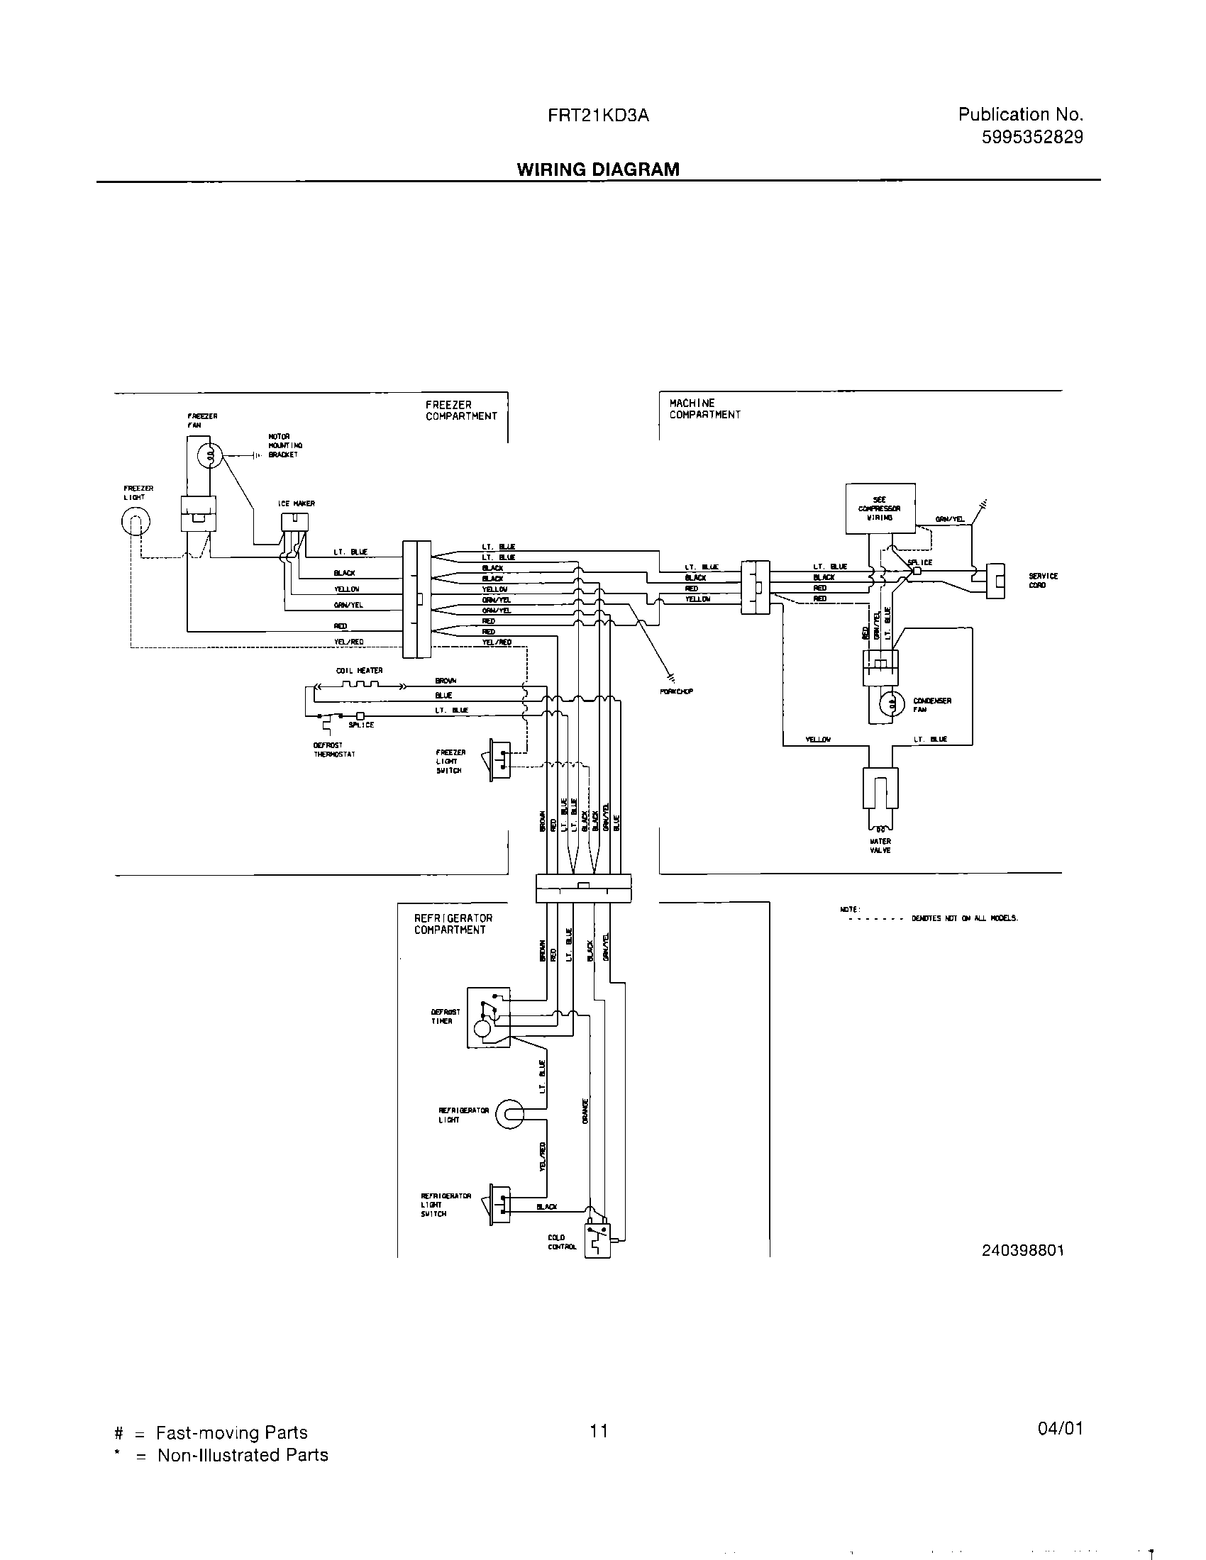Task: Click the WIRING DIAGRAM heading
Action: (x=598, y=169)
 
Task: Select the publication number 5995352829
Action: (x=1032, y=137)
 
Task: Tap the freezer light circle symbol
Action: (x=135, y=523)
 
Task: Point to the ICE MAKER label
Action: (x=297, y=503)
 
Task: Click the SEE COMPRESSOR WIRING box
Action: (x=880, y=508)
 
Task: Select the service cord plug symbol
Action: (x=995, y=580)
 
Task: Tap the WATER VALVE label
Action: (x=880, y=846)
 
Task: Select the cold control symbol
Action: (x=597, y=1241)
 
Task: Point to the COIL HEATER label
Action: (x=360, y=670)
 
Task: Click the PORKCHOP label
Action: (x=677, y=691)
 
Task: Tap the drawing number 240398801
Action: (x=1022, y=1250)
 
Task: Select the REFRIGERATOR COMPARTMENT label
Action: (x=453, y=923)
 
